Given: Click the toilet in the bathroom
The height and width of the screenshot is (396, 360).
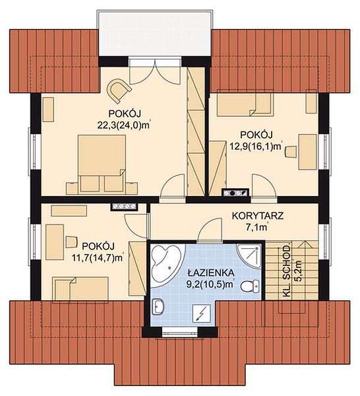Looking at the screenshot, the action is coord(250,286).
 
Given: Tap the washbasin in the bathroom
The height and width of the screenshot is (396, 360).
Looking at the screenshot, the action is coord(158,307).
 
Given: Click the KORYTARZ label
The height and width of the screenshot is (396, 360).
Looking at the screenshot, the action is coord(258,216).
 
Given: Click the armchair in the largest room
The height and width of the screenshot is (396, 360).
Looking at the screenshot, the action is coord(119,90).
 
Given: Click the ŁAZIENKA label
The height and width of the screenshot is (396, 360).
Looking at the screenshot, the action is coord(211,273).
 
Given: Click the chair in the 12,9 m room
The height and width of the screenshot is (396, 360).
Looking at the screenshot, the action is coord(290,152).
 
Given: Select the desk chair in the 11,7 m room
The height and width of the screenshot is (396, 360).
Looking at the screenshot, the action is coord(71,242).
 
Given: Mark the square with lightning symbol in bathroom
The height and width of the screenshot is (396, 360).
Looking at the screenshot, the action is coord(201,313).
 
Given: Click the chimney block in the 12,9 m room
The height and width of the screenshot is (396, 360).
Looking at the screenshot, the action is coord(235,193).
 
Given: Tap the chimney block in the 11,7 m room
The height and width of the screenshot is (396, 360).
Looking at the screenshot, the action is coord(124,207).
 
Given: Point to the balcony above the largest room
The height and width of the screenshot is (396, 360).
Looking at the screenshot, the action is coord(154,34).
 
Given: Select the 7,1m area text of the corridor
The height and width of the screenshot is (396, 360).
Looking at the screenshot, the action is coord(257,227).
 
